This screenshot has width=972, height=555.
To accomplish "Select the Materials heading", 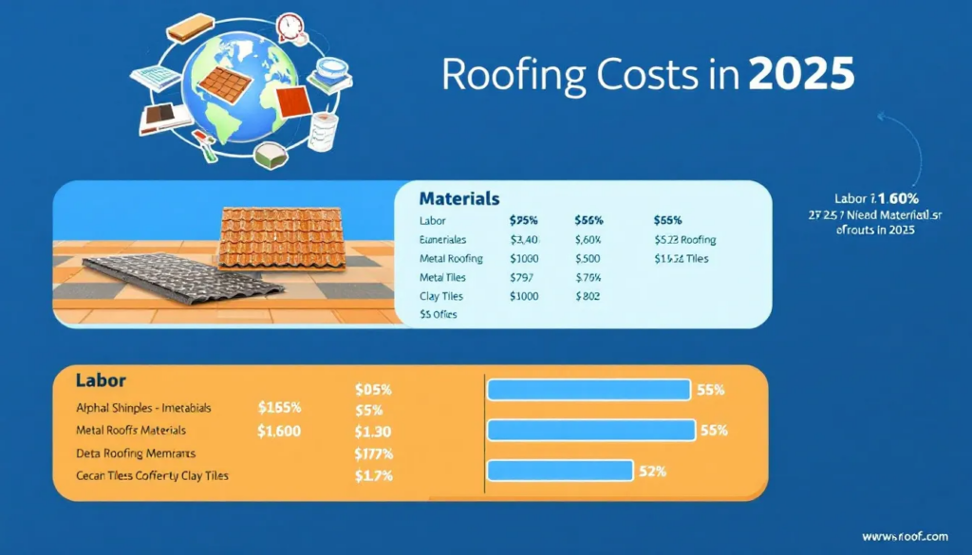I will (x=458, y=199).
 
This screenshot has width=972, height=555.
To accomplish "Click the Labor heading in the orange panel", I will (x=101, y=379).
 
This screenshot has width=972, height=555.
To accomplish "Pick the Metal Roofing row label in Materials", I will (x=451, y=258).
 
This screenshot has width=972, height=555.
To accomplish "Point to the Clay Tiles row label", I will (x=442, y=296).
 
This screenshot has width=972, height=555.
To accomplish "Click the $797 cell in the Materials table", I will (x=523, y=277).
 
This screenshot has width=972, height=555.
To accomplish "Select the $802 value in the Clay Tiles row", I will (x=589, y=296).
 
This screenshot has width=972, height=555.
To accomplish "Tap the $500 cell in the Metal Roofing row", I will (x=589, y=258).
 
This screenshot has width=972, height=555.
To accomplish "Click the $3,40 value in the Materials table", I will (x=525, y=239).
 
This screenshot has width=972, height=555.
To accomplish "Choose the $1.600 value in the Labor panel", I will (x=279, y=430).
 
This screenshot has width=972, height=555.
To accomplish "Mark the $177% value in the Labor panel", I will (x=373, y=453).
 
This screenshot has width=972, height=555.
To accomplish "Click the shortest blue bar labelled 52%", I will (x=560, y=471).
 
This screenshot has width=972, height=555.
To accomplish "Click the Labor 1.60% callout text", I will (x=874, y=199).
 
